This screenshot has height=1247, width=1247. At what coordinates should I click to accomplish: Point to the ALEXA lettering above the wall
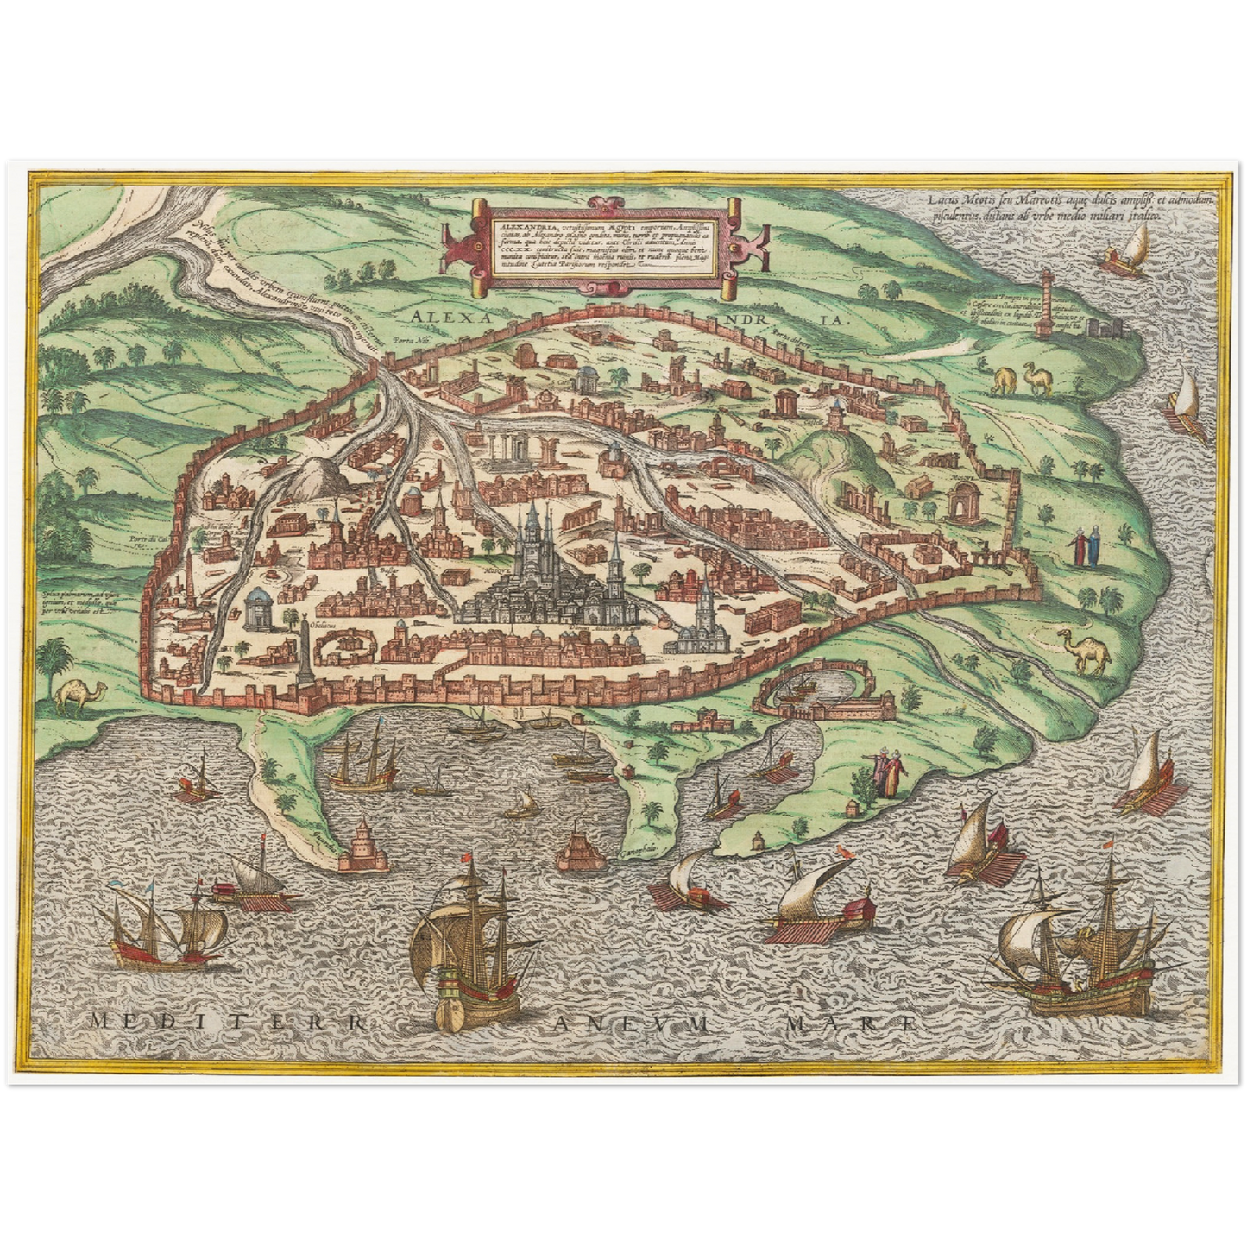(454, 317)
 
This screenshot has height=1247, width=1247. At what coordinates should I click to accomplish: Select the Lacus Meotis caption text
(1046, 207)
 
